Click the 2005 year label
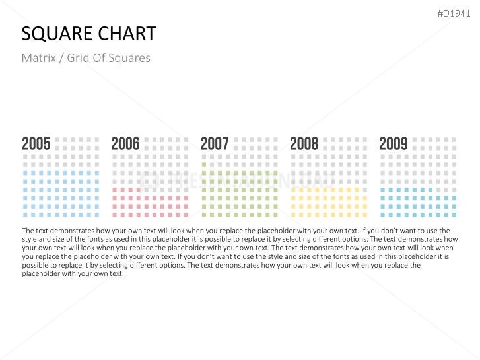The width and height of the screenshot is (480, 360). point(36,144)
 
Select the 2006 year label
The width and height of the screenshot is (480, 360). point(125,144)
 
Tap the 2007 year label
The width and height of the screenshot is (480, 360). point(215,144)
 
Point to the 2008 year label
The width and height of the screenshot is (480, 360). point(304,144)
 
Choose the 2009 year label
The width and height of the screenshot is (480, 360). point(394,144)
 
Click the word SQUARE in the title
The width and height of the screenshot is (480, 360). point(57,34)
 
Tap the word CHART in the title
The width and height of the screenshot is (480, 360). point(127,34)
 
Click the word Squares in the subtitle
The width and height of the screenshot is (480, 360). point(131,58)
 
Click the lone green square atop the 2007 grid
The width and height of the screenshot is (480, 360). point(204,164)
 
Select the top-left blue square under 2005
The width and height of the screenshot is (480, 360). point(25,173)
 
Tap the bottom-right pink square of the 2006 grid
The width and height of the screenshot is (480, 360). point(186,215)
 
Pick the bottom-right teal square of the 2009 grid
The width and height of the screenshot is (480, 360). point(454,215)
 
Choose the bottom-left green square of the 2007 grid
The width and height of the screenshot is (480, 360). point(204,215)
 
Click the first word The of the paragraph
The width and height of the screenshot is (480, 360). point(28,231)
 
